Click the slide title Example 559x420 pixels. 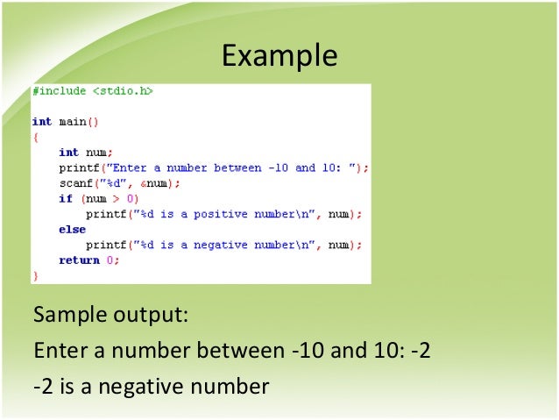pos(279,55)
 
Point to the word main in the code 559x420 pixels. pos(72,122)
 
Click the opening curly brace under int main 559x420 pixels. pos(35,137)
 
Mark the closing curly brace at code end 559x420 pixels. pos(35,275)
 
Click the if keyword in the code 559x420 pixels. pos(64,199)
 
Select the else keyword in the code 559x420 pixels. pos(72,230)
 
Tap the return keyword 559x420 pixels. pos(78,260)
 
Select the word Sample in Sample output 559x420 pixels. pos(64,314)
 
